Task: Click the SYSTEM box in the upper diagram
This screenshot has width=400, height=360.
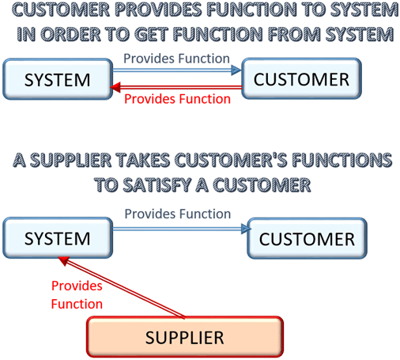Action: click(x=58, y=79)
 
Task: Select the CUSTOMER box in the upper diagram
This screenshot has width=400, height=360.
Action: click(x=301, y=78)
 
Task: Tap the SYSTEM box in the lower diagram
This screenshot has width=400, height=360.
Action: click(x=58, y=238)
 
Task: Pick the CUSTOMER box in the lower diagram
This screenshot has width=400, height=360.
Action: click(x=307, y=238)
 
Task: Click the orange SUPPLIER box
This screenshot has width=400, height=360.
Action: click(x=185, y=337)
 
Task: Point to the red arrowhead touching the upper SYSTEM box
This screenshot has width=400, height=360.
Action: click(x=115, y=87)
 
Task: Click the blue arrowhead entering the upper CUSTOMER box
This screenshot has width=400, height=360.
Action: click(x=236, y=70)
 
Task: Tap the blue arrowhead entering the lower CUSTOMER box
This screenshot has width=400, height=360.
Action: click(x=246, y=229)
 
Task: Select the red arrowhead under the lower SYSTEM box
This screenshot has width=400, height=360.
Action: click(x=64, y=261)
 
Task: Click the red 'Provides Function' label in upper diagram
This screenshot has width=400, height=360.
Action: click(x=177, y=99)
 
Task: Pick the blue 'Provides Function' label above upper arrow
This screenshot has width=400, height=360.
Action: click(x=176, y=59)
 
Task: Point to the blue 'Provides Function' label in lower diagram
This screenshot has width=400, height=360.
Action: click(x=178, y=214)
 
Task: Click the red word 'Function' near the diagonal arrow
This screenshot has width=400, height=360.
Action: click(x=77, y=304)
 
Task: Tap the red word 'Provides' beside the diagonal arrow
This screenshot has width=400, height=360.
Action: click(x=77, y=286)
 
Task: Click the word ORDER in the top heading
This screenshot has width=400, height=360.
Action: click(x=70, y=35)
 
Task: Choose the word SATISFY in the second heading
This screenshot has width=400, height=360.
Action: click(x=157, y=185)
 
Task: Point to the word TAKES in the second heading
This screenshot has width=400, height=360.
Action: click(x=143, y=161)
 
